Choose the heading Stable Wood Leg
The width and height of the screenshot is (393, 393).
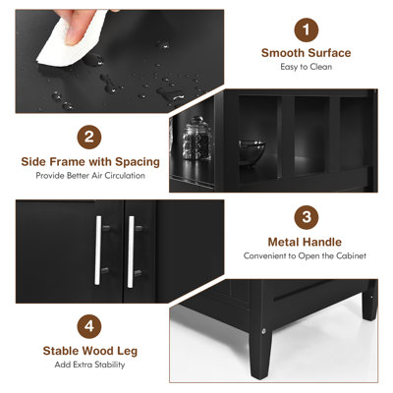pyautogui.click(x=88, y=349)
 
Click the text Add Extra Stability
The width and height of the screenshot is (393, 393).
pyautogui.click(x=88, y=364)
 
